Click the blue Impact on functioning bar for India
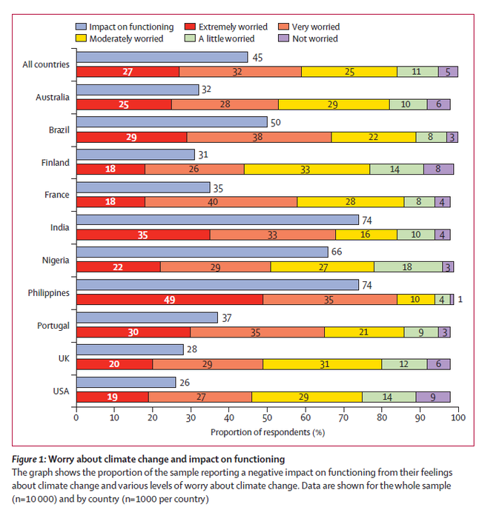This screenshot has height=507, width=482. (x=218, y=220)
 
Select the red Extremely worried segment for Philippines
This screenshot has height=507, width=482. (x=170, y=300)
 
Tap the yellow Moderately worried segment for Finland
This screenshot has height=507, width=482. (x=307, y=169)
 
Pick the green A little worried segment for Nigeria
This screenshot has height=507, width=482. (x=408, y=266)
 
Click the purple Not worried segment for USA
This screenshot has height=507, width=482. (x=433, y=397)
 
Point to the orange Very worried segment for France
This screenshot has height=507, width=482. (x=221, y=202)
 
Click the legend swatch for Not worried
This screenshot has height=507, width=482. (x=283, y=38)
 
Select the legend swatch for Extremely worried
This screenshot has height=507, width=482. (x=190, y=27)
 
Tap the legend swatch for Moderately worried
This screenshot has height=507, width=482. (x=81, y=38)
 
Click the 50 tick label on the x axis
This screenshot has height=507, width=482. (x=267, y=417)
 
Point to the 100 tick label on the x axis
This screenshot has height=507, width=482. (x=458, y=417)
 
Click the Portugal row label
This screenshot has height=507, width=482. (x=53, y=326)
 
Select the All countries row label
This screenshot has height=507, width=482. (x=46, y=64)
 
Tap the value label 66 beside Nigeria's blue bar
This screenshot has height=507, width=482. (x=337, y=252)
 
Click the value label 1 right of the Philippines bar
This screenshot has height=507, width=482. (x=460, y=300)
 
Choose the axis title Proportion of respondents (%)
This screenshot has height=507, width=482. (x=268, y=432)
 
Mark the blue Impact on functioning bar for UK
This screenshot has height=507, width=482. (x=130, y=349)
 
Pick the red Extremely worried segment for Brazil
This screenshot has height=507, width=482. (x=132, y=137)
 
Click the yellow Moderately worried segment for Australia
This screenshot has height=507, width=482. (x=334, y=104)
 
